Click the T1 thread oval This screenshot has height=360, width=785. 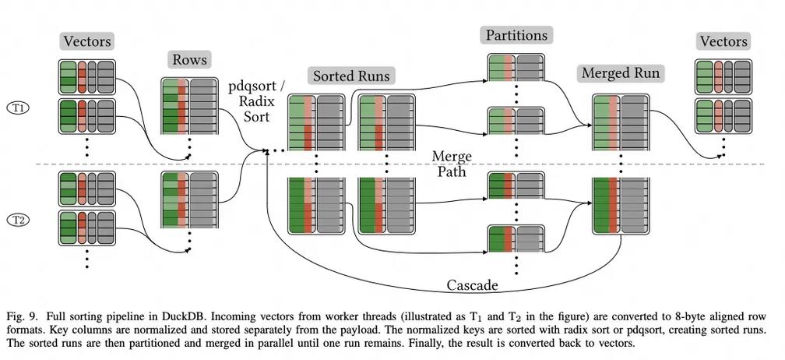point(19,108)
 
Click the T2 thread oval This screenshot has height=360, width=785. point(19,220)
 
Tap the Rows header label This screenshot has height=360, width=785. point(189,60)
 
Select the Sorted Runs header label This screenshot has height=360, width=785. point(351,76)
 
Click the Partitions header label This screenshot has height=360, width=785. point(516,36)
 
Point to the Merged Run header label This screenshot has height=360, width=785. point(620,73)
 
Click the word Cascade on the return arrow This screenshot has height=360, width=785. point(472,285)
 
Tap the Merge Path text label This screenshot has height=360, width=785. point(452,164)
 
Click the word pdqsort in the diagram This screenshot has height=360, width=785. point(257,86)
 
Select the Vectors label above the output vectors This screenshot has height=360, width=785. point(723,41)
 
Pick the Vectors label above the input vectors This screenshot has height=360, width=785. point(87,41)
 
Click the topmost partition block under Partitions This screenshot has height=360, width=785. point(516,67)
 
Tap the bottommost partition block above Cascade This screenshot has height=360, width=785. point(516,239)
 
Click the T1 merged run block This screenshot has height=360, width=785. point(621,122)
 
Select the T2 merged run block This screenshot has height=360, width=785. point(621,206)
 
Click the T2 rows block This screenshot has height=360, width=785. point(190,199)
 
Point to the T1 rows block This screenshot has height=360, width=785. point(190,106)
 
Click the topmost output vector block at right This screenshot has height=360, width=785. point(723,76)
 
